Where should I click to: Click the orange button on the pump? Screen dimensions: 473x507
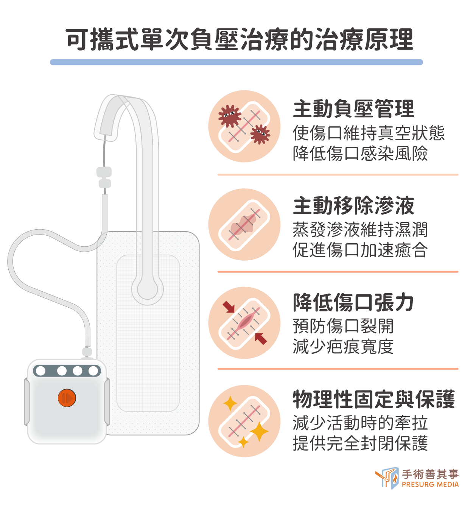point(67,398)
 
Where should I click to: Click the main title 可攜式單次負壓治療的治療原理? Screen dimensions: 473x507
point(240,40)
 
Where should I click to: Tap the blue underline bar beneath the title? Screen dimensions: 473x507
point(236,62)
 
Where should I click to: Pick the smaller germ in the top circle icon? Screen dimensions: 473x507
point(260,134)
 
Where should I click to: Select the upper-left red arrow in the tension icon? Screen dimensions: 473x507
point(229,307)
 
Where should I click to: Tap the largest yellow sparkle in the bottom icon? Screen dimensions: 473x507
point(259,431)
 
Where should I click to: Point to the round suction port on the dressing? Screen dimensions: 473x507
point(147,289)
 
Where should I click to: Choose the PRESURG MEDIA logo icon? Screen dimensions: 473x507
point(387,478)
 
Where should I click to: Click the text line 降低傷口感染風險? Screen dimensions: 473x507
point(360,153)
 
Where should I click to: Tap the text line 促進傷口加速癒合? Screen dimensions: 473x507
point(360,250)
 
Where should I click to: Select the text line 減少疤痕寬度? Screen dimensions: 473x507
point(343,346)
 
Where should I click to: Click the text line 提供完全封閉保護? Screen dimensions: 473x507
point(360,443)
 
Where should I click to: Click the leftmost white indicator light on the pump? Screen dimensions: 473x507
point(40,371)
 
